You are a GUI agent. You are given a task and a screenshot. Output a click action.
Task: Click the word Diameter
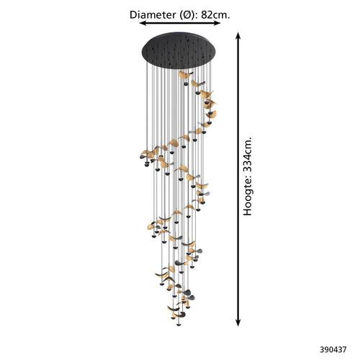[153, 15]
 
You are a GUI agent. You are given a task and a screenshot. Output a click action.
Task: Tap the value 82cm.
[215, 15]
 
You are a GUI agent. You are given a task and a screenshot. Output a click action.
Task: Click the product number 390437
[333, 350]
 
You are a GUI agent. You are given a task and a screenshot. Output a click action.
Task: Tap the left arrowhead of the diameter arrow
[143, 23]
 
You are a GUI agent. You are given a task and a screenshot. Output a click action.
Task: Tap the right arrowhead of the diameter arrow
[217, 23]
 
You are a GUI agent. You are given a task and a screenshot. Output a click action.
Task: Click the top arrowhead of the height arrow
[238, 36]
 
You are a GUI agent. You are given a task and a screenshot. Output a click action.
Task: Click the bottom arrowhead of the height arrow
[238, 323]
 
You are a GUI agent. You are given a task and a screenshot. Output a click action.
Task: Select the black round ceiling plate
[179, 50]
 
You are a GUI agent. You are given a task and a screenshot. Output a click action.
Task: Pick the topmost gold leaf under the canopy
[184, 75]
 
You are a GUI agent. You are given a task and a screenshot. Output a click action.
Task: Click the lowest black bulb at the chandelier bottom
[179, 325]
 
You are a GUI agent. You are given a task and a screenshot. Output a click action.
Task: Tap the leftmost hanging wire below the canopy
[147, 108]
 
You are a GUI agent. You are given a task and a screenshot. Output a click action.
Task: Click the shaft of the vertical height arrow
[238, 179]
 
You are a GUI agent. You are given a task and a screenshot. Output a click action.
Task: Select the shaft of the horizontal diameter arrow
[180, 23]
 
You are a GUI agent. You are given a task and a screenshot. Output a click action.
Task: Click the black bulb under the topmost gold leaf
[186, 84]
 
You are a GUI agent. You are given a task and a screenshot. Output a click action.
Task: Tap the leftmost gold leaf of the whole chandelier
[145, 153]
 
